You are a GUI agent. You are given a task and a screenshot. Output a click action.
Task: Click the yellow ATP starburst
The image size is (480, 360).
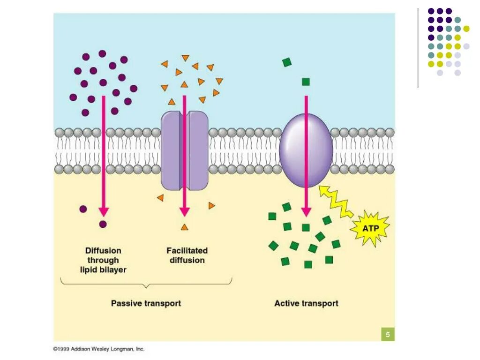[370, 229]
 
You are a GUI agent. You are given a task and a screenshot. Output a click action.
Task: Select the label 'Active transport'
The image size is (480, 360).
[306, 303]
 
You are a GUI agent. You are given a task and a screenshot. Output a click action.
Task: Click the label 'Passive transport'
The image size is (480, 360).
[146, 303]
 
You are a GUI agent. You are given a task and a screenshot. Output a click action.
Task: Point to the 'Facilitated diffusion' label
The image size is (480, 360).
[187, 255]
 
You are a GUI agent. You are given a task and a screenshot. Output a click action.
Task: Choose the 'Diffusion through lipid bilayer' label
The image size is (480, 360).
[103, 260]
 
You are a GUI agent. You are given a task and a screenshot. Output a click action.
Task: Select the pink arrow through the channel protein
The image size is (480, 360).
[185, 155]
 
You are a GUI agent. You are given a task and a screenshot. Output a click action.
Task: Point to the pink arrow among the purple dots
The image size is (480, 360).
[104, 155]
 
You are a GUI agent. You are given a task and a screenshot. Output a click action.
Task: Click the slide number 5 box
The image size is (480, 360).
[388, 335]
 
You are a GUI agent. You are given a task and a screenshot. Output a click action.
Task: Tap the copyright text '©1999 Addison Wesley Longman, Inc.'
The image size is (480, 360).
[98, 349]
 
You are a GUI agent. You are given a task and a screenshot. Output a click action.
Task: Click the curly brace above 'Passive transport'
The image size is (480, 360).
[146, 282]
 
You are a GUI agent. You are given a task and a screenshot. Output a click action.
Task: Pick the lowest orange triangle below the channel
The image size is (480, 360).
[185, 227]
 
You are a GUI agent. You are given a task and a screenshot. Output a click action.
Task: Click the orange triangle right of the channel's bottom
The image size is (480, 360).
[211, 205]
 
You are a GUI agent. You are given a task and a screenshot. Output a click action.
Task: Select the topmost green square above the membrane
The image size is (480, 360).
[287, 62]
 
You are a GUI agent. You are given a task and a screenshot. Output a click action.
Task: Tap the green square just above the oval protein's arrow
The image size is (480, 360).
[306, 82]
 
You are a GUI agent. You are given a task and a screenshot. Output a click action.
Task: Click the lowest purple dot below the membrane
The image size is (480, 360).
[103, 224]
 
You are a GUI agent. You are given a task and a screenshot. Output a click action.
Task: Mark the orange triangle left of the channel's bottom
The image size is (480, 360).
[160, 198]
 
